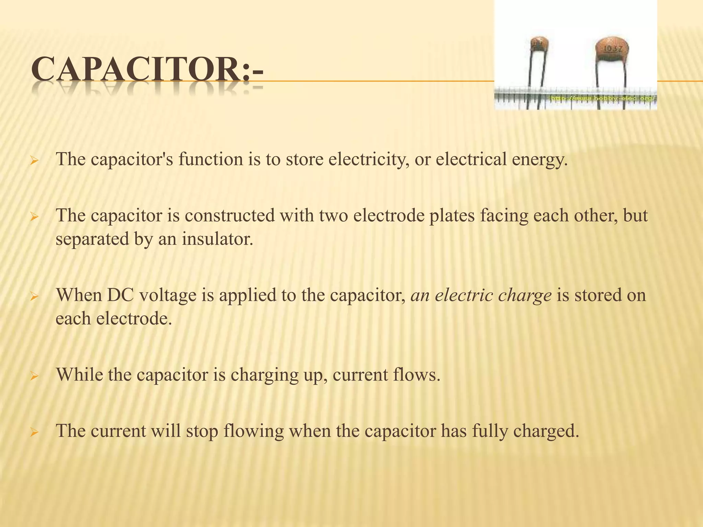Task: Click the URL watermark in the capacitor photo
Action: (x=603, y=99)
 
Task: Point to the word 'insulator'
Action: (x=218, y=239)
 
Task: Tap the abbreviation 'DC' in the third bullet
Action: (x=120, y=295)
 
